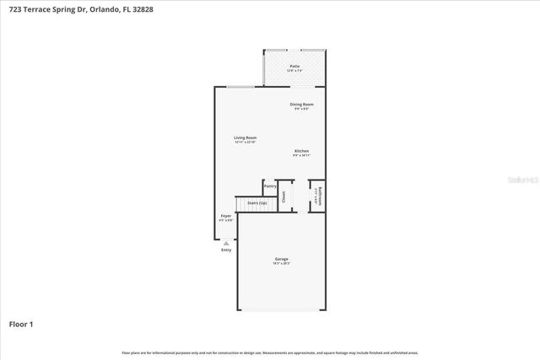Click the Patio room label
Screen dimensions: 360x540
point(294,65)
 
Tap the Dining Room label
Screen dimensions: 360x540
point(302,104)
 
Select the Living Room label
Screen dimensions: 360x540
point(246,137)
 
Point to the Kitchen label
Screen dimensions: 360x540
point(302,151)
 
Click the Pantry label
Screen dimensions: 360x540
point(270,185)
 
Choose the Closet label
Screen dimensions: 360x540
point(284,196)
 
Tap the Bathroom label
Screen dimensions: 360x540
point(318,196)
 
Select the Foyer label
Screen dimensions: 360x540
point(226,216)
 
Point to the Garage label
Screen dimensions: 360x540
point(282,259)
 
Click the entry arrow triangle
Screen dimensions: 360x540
point(225,243)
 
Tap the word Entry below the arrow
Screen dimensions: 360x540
point(226,250)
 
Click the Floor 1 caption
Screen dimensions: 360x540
point(21,324)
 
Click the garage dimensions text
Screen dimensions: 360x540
point(282,263)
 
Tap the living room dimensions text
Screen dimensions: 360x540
point(246,142)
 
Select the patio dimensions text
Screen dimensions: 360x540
point(294,70)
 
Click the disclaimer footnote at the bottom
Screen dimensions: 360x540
point(270,352)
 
